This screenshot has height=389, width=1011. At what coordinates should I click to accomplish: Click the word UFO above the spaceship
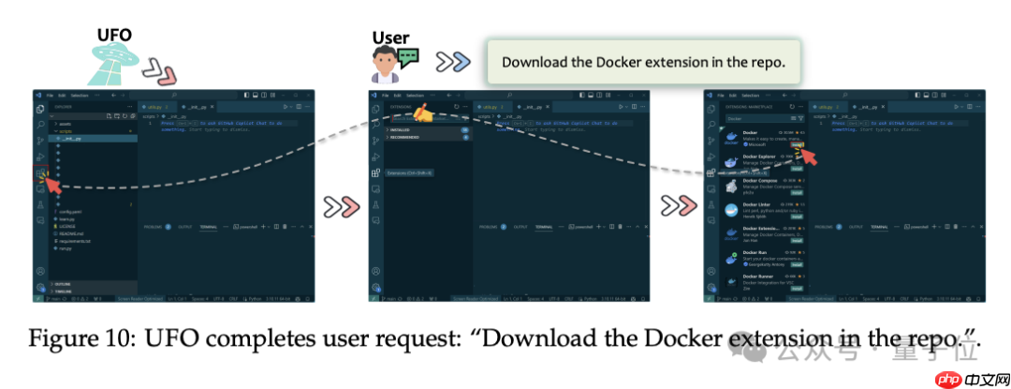pyautogui.click(x=114, y=34)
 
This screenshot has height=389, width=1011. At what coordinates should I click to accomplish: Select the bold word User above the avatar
pyautogui.click(x=390, y=37)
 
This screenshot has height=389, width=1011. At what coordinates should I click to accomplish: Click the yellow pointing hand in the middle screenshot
pyautogui.click(x=422, y=116)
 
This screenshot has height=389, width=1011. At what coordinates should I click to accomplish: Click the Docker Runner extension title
pyautogui.click(x=759, y=277)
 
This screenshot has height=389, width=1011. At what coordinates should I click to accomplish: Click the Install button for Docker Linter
pyautogui.click(x=797, y=217)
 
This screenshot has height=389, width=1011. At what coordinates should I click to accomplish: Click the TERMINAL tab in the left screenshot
pyautogui.click(x=209, y=227)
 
